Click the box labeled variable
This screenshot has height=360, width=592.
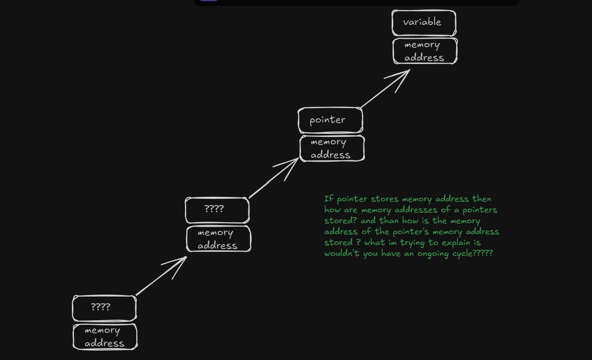(423, 23)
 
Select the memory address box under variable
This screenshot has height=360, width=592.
(425, 51)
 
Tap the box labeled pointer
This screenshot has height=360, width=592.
(330, 120)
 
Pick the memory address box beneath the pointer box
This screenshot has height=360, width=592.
(332, 148)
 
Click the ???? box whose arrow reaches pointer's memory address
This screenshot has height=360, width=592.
(217, 210)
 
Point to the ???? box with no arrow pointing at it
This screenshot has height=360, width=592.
(104, 308)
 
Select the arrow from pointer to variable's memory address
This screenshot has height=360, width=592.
(385, 89)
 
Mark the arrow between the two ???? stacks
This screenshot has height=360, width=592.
(161, 276)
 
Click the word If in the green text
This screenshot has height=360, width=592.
(328, 199)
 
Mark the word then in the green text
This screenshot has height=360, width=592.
(481, 199)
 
